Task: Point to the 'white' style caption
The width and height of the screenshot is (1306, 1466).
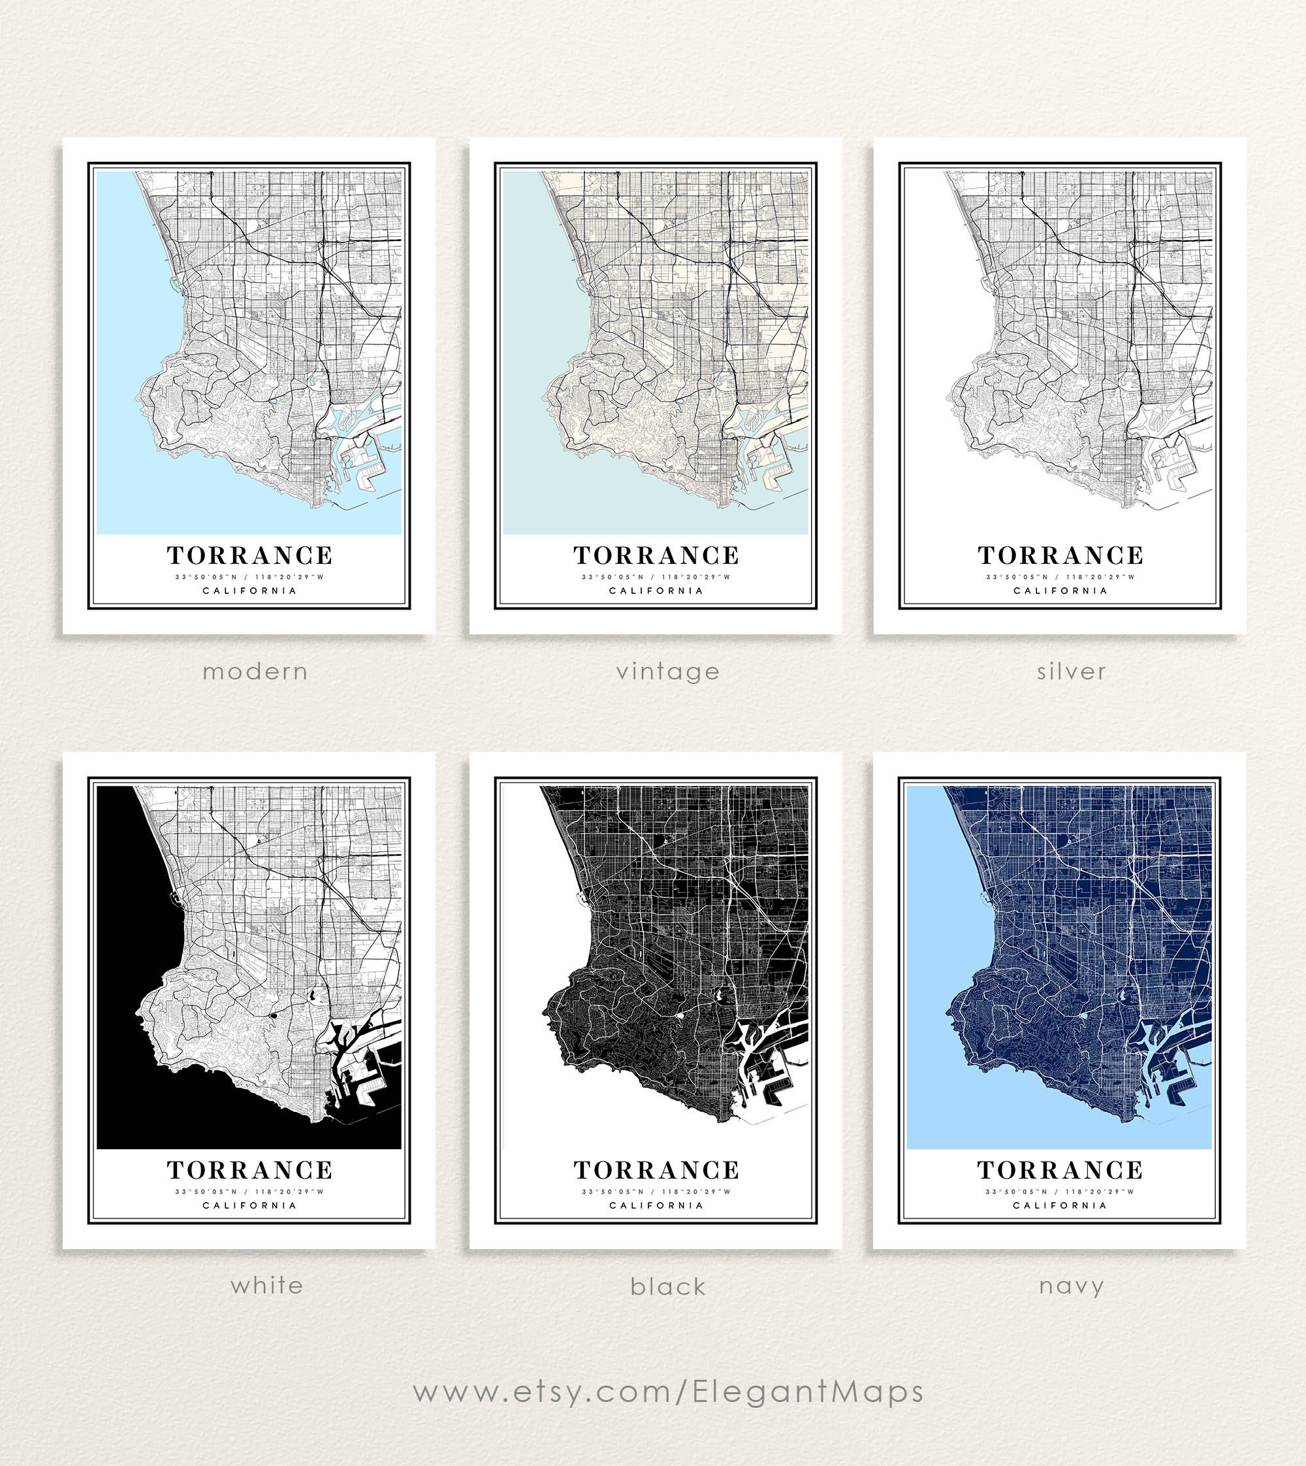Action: click(x=266, y=1285)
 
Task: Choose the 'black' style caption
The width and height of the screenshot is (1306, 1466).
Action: click(x=667, y=1286)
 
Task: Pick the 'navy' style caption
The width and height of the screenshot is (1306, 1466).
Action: click(x=1071, y=1286)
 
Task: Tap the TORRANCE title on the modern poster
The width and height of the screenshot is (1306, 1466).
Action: click(x=249, y=556)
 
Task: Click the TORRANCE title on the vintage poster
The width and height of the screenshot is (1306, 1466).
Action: click(x=656, y=556)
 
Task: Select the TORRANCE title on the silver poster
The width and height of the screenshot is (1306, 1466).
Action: click(x=1060, y=556)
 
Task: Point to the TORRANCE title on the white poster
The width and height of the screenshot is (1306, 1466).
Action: click(x=249, y=1170)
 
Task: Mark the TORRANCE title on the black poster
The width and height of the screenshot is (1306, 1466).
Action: click(x=656, y=1170)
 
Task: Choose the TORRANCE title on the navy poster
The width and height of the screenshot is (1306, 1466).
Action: click(x=1060, y=1170)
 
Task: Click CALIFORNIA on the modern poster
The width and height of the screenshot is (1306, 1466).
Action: click(x=249, y=591)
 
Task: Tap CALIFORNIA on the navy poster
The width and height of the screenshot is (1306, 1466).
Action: click(x=1060, y=1205)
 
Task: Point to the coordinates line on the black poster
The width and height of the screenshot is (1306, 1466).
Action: click(x=656, y=1192)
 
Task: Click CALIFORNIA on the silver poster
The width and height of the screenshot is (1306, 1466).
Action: click(x=1060, y=591)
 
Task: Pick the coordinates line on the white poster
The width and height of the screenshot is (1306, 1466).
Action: click(x=249, y=1192)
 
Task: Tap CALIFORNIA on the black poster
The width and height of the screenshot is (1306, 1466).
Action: click(x=656, y=1205)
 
